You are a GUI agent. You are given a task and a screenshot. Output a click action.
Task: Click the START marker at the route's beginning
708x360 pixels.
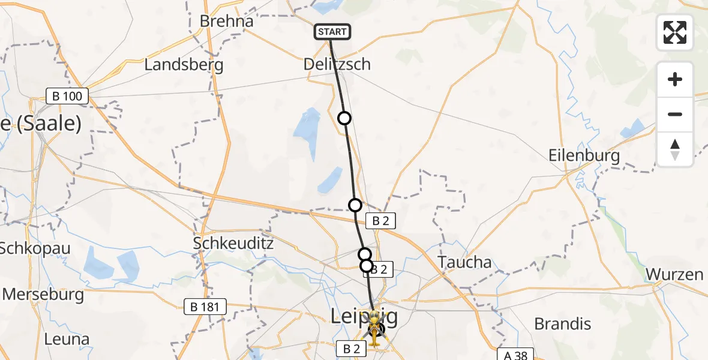tap(332, 32)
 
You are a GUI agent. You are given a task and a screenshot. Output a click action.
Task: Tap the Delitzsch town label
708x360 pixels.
tap(337, 64)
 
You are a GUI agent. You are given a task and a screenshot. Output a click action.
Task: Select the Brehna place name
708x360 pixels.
tap(227, 21)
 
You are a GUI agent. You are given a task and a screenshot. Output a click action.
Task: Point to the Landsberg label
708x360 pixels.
tap(184, 65)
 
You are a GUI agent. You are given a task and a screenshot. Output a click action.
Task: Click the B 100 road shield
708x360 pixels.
tap(68, 95)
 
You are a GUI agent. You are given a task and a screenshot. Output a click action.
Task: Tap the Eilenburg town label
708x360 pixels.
tap(584, 155)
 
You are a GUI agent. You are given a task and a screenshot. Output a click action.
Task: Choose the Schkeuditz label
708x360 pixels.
tap(233, 244)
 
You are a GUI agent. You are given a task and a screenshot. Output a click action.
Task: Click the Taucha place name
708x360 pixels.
tap(464, 262)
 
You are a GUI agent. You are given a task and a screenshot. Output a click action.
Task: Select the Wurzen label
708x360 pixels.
tap(674, 275)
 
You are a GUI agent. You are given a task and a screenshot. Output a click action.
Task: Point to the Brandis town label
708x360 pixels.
tap(562, 324)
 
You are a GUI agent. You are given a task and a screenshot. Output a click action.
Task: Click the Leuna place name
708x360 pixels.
tap(67, 339)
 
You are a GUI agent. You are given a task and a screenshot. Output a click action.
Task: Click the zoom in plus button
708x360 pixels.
tap(675, 80)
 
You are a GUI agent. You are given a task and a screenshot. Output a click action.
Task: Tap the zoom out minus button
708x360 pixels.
tap(675, 114)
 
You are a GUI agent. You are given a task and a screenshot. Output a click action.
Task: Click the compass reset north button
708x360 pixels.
tap(675, 149)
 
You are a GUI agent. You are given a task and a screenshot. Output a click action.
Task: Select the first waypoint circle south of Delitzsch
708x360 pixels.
tap(344, 118)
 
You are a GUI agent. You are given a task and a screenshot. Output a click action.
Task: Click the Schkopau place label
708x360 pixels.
tap(35, 248)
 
